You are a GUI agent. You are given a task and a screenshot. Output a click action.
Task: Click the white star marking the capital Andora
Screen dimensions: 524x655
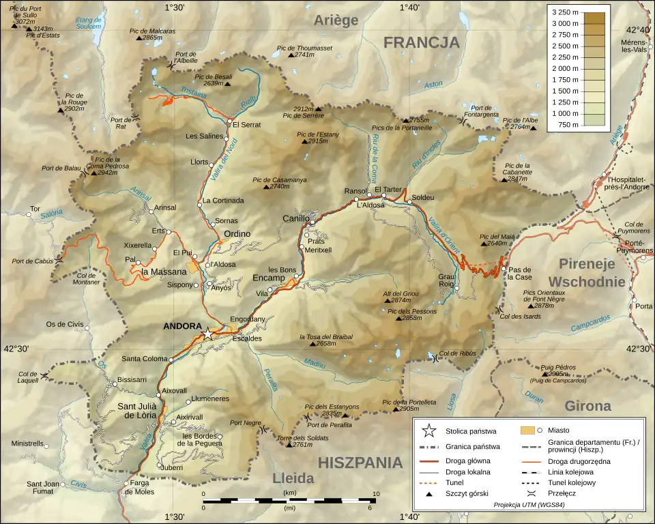coord(208,334)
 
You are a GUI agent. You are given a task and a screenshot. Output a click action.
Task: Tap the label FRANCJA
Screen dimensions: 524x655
coord(421,42)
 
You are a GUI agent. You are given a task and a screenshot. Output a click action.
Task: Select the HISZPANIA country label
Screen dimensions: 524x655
coord(360,463)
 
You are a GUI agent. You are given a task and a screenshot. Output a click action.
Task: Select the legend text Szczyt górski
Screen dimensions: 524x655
coord(467,493)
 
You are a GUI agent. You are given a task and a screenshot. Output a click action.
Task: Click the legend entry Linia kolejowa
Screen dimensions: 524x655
coord(570,471)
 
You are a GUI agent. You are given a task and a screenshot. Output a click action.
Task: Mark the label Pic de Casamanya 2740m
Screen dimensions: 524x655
coord(280,182)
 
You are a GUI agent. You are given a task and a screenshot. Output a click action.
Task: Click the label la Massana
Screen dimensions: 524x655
coord(163,272)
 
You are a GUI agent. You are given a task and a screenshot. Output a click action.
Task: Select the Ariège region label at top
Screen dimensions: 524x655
coord(336,20)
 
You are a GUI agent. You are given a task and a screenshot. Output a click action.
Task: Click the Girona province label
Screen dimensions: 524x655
coord(587,406)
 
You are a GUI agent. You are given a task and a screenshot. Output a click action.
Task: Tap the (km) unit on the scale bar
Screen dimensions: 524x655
coord(289,492)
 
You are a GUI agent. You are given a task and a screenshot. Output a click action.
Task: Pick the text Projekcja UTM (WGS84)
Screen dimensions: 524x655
coord(529,505)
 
